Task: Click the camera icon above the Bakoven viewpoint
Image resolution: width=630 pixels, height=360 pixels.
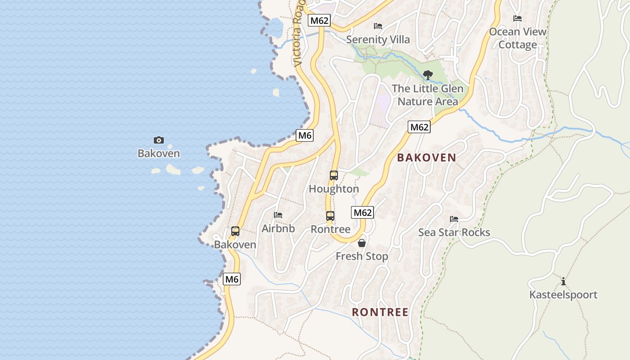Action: click(159, 140)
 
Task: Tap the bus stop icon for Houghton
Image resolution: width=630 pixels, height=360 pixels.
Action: click(333, 175)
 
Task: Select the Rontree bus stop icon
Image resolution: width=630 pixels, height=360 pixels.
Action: click(330, 216)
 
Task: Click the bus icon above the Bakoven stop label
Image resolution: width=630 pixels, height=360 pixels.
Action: click(235, 231)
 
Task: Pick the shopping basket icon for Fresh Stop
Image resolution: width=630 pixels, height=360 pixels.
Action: click(361, 243)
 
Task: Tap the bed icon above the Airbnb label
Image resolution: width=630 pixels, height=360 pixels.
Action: click(278, 215)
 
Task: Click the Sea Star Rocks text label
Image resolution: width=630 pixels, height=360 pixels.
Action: click(454, 232)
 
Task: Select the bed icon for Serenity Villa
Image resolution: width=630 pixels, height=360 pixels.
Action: click(378, 26)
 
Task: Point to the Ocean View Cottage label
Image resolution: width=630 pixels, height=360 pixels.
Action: click(517, 38)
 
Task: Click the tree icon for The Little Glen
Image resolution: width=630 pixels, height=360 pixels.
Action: click(427, 75)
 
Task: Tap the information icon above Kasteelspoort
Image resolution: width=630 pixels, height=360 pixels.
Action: click(563, 282)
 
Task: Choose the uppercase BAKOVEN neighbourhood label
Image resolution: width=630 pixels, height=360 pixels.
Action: click(426, 157)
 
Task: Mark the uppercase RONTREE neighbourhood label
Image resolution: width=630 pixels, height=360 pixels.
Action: click(380, 312)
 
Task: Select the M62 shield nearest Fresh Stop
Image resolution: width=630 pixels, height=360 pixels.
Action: click(363, 212)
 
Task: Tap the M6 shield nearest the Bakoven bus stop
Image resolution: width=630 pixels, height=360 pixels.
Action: click(232, 279)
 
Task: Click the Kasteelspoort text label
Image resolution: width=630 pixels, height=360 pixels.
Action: click(563, 295)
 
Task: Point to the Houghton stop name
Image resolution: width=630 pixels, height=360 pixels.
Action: click(333, 189)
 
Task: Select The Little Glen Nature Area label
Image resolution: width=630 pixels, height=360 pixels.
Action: click(427, 95)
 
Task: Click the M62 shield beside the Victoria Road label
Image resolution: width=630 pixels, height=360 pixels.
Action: click(319, 20)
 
